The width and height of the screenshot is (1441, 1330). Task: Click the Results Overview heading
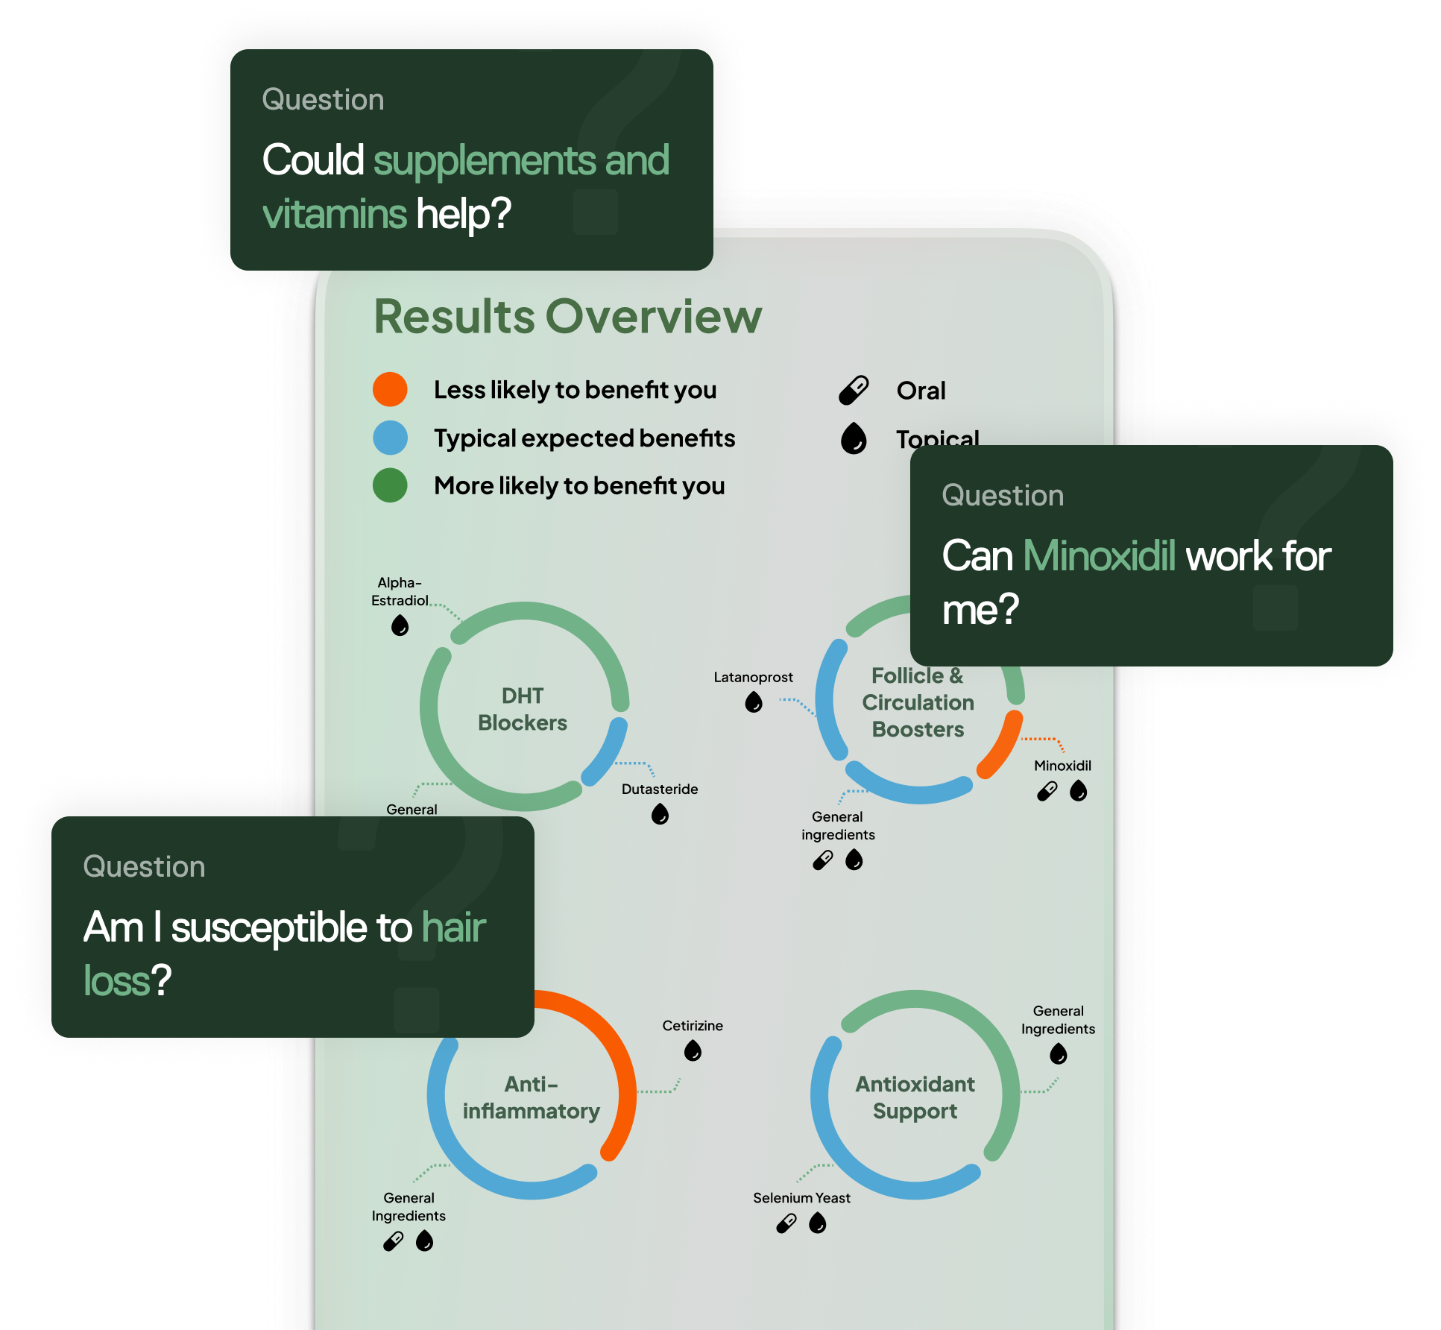[x=567, y=317]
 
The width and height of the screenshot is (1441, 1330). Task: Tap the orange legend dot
[x=390, y=389]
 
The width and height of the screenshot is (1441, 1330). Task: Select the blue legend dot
[x=390, y=438]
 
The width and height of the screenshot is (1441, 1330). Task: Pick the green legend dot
[x=390, y=485]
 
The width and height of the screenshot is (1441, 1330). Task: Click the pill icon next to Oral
[x=854, y=390]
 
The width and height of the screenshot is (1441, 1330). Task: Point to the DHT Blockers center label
[x=523, y=709]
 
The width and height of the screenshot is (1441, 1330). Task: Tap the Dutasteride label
[x=660, y=789]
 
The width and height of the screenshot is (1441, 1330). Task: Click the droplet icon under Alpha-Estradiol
[x=400, y=625]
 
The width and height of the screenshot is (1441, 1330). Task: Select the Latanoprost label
[x=753, y=677]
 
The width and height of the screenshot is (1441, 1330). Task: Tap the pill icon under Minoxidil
[x=1047, y=791]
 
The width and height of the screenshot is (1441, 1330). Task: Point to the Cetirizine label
[x=693, y=1026]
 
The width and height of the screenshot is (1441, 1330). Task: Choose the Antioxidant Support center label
[x=915, y=1097]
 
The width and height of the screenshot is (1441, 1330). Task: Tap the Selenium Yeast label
[x=801, y=1198]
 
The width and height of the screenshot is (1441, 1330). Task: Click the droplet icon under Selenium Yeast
[x=818, y=1223]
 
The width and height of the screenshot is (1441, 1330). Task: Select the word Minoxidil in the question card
[x=1100, y=556]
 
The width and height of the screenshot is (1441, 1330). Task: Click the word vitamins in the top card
[x=335, y=214]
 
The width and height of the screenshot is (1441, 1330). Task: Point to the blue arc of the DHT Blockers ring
[x=607, y=751]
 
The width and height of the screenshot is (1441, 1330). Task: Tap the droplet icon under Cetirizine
[x=693, y=1051]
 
